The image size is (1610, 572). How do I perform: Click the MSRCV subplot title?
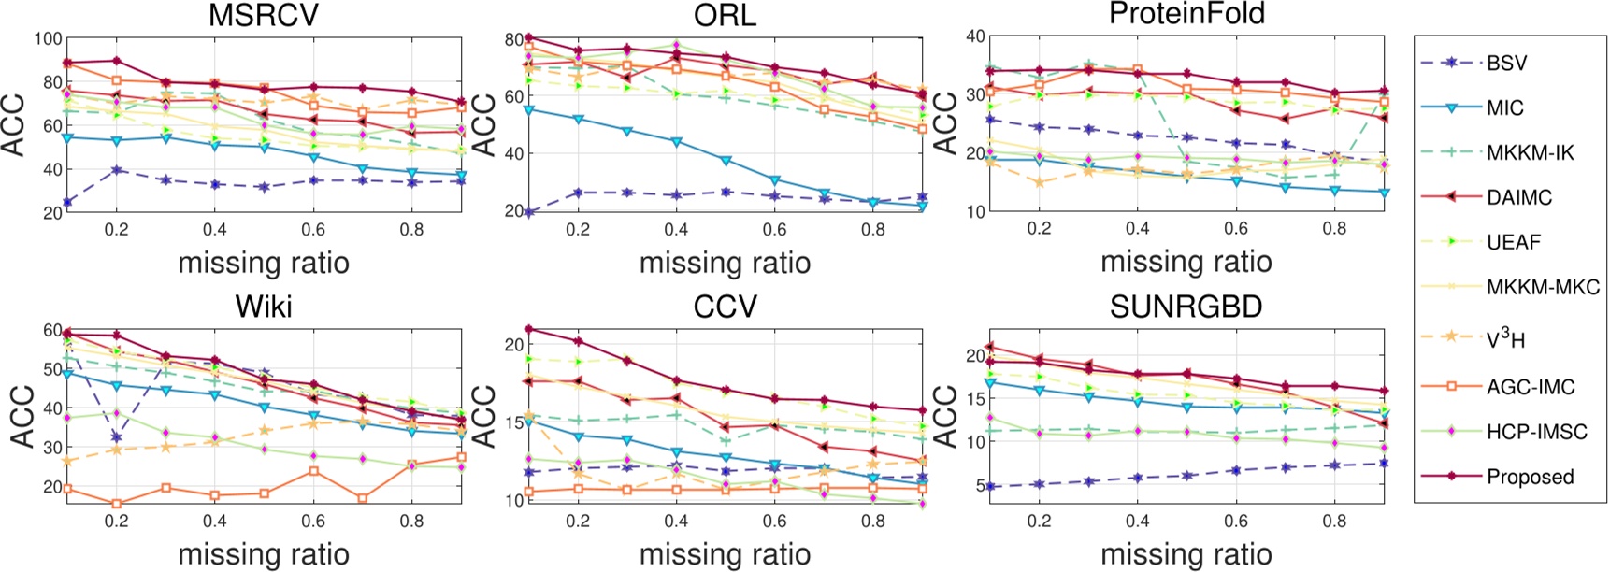[263, 15]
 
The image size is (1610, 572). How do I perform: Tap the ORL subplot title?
[725, 15]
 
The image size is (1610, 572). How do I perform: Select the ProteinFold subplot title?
[1186, 14]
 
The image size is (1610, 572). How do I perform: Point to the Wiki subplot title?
[263, 307]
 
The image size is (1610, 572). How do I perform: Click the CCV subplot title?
[725, 307]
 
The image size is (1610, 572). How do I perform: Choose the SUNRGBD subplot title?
[1186, 307]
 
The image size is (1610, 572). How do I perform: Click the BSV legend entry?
[1506, 64]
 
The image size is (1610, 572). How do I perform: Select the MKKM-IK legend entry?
[1530, 152]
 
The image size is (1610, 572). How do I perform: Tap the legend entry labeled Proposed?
[1530, 477]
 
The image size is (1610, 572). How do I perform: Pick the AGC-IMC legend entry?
[1530, 387]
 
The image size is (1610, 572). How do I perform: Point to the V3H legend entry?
[1505, 340]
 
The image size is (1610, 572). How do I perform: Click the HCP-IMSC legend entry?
[1536, 432]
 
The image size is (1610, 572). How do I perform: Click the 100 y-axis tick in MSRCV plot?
[48, 39]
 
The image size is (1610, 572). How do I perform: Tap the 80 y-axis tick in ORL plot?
[512, 39]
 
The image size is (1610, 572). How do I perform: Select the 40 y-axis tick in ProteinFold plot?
[975, 37]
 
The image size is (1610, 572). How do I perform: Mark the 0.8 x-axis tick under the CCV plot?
[872, 521]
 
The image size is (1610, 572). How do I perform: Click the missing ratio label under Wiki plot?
[263, 554]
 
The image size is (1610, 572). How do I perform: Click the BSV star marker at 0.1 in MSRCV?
[67, 202]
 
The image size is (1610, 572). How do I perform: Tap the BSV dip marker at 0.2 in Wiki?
[117, 436]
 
